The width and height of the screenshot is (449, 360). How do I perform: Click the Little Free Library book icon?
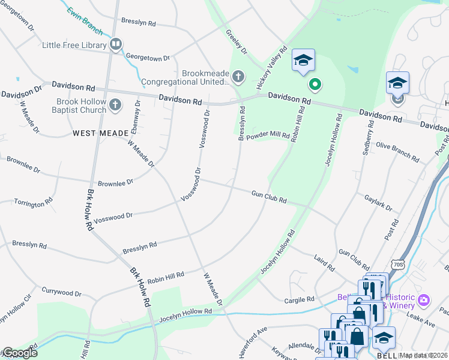click(x=116, y=44)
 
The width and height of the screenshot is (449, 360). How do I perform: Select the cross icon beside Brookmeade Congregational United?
click(x=238, y=76)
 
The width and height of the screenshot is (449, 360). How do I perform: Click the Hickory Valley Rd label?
click(x=273, y=69)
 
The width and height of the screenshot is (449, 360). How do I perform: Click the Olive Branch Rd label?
click(x=397, y=152)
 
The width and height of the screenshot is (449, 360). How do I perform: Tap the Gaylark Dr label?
click(x=378, y=203)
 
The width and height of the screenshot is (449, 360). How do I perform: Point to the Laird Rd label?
click(x=324, y=262)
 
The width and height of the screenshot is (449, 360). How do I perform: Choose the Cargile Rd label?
click(x=300, y=299)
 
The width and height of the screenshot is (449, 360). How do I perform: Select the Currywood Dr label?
click(x=61, y=292)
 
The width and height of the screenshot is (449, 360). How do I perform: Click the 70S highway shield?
click(x=397, y=265)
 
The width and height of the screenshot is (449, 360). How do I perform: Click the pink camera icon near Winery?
click(x=424, y=299)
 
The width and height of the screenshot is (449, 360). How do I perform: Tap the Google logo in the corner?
click(x=19, y=353)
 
